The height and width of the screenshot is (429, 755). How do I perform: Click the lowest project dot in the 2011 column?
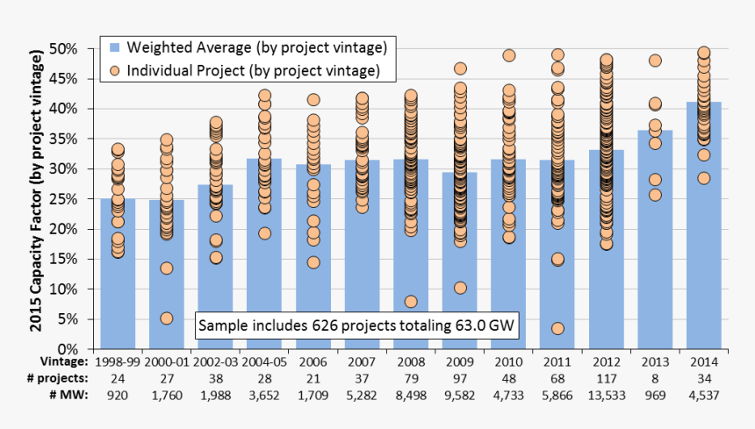557,329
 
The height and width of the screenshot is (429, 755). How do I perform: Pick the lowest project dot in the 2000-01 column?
167,318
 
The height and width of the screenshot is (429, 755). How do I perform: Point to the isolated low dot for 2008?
411,301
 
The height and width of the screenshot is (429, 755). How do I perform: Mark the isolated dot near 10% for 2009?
460,288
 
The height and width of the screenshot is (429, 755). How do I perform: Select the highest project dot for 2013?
655,61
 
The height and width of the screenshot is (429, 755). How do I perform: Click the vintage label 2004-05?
264,361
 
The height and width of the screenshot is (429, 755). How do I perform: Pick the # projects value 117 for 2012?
606,378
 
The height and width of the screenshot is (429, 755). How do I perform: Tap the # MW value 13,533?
606,395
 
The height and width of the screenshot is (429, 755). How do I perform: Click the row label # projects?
59,378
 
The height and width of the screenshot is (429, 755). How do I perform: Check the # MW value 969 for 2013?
655,395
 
